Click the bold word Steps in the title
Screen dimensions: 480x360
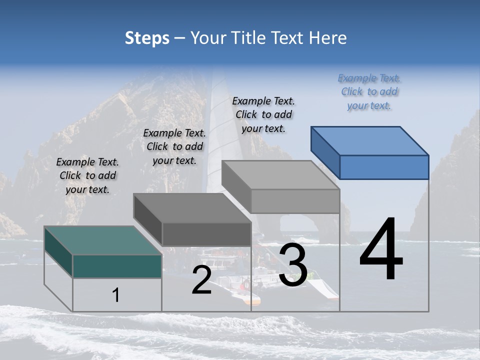coord(146,38)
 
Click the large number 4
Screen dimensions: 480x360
coord(381,250)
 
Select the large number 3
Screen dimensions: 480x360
coord(293,265)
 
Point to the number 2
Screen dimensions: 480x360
coord(201,280)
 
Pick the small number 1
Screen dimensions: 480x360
coord(116,295)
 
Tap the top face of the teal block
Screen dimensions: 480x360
coord(102,240)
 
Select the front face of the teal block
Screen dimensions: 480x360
coord(117,266)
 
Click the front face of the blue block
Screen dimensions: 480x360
coord(384,167)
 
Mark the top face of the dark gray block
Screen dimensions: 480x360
coord(192,207)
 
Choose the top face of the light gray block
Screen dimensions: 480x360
coord(280,174)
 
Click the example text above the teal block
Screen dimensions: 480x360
coord(87,175)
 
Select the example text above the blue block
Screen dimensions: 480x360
coord(369,91)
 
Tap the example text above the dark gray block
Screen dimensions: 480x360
coord(174,146)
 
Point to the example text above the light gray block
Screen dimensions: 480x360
coord(263,114)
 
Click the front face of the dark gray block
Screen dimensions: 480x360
coord(206,234)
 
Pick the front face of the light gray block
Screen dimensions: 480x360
coord(295,201)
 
